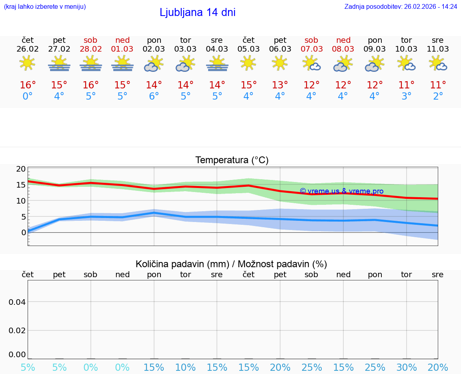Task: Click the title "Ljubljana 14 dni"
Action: pos(197,12)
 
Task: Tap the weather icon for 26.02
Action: pos(28,64)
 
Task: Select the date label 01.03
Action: pos(122,49)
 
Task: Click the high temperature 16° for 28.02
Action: pos(91,85)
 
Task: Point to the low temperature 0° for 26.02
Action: pos(28,96)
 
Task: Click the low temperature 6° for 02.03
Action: pos(154,96)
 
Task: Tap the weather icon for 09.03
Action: pos(375,64)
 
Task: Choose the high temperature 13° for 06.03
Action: pos(280,85)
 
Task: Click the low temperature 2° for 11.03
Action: pos(438,96)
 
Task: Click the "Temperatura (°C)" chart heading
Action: pos(232,160)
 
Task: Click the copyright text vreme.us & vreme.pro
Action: pos(341,191)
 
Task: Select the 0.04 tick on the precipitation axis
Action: pos(17,302)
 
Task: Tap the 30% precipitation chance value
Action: pos(407,367)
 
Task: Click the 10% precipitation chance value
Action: pos(186,367)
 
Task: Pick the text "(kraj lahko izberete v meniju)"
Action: pos(45,6)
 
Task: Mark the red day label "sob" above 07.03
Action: pos(311,40)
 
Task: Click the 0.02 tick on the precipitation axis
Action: pos(17,330)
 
